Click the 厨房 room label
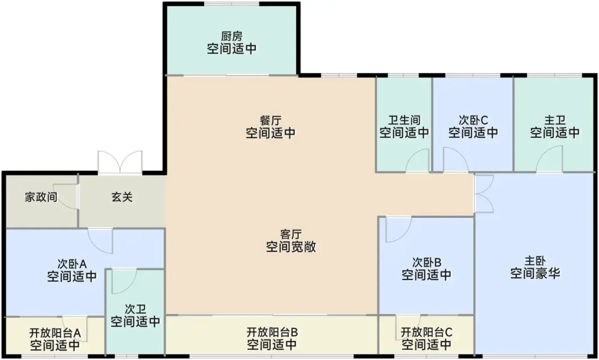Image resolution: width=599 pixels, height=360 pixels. click(231, 37)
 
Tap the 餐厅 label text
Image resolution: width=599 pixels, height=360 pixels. click(270, 121)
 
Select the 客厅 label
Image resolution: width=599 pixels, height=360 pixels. click(291, 234)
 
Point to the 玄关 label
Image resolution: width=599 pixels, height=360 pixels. click(122, 197)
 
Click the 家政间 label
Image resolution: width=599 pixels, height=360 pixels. click(41, 197)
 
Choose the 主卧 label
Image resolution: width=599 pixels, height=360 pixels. click(535, 261)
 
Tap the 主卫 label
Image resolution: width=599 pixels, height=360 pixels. click(555, 120)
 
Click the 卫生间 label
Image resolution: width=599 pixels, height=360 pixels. click(404, 120)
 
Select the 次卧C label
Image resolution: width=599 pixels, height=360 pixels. click(473, 120)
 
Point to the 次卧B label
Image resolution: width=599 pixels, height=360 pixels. click(427, 263)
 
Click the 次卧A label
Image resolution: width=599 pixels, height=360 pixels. click(72, 264)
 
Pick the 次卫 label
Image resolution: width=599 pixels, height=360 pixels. click(135, 309)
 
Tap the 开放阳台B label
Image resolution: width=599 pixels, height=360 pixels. click(272, 333)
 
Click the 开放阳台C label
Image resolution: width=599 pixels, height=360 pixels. click(427, 333)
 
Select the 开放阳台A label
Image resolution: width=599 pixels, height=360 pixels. click(55, 333)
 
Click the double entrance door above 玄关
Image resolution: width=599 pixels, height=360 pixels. click(120, 162)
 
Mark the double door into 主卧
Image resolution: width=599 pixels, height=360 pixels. click(484, 194)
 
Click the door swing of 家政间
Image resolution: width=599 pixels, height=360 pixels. click(65, 196)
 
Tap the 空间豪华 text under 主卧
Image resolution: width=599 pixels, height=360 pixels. click(535, 273)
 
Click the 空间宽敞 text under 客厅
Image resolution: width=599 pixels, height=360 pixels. click(291, 247)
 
